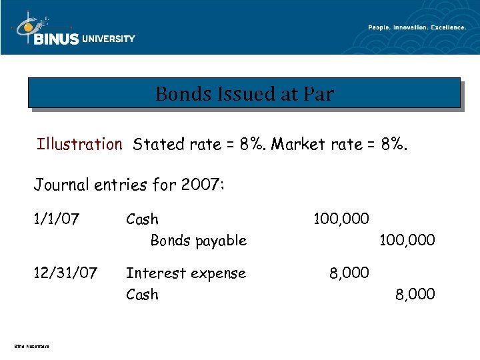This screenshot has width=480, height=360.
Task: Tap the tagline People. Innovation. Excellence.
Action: pos(417,27)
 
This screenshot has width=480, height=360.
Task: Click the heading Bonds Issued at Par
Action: pos(244,94)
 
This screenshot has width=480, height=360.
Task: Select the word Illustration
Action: pos(79,144)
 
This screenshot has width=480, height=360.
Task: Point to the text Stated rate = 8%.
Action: pos(199,144)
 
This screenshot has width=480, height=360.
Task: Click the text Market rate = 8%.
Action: pos(340,144)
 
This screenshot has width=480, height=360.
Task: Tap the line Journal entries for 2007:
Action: pos(129,184)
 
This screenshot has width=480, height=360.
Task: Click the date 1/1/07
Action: pos(57,219)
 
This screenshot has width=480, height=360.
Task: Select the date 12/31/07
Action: pos(66,273)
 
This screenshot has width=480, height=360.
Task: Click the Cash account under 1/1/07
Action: pos(142,219)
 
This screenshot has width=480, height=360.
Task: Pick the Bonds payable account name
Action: pos(198,240)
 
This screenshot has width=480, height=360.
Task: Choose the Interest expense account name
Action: pos(186,273)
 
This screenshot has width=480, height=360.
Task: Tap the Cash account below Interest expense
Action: pos(142,294)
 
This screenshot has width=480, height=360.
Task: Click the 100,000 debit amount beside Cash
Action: pos(341,219)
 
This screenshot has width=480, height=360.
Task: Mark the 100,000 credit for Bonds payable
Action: pos(407,240)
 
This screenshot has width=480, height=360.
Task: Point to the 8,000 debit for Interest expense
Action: pos(349,273)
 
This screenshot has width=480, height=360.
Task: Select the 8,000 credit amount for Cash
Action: pos(415,294)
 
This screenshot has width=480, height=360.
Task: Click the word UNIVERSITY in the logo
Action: pos(108,39)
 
